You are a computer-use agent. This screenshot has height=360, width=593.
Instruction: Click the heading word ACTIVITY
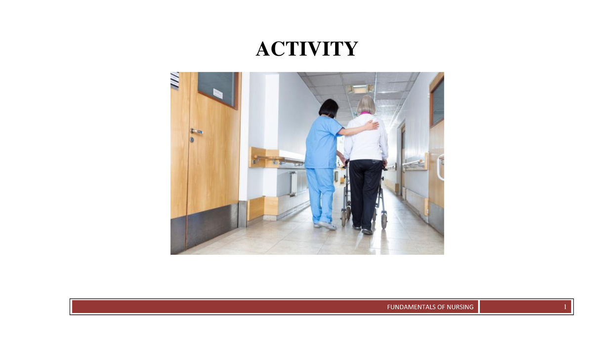click(x=306, y=49)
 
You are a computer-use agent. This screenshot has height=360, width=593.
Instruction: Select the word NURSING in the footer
click(x=459, y=307)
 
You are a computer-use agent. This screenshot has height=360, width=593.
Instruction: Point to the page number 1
click(x=564, y=307)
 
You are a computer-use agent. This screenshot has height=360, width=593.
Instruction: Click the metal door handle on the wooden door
click(x=197, y=131)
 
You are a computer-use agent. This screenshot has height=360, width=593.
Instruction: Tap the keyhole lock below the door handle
click(x=192, y=140)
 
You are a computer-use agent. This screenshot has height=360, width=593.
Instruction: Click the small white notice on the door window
click(x=217, y=93)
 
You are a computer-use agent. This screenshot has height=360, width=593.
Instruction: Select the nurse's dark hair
click(x=329, y=108)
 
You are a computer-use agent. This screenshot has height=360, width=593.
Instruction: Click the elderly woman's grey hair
click(x=366, y=104)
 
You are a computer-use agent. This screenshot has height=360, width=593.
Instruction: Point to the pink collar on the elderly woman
click(x=365, y=114)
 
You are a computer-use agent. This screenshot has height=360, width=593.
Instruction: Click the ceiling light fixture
click(x=360, y=88)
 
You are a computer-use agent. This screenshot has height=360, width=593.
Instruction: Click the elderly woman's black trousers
click(x=365, y=190)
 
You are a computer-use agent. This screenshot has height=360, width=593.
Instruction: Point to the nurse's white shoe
click(x=328, y=225)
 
